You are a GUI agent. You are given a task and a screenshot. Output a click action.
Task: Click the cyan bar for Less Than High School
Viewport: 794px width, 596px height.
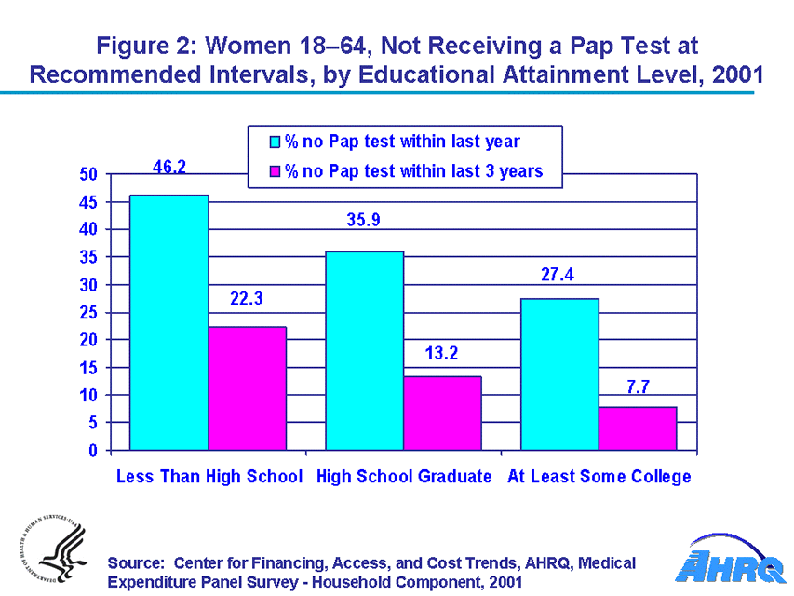(x=168, y=322)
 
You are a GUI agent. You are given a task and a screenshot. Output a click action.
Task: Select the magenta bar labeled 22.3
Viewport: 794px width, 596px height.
(x=247, y=388)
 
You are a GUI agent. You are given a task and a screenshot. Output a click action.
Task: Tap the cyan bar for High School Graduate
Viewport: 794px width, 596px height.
(x=364, y=350)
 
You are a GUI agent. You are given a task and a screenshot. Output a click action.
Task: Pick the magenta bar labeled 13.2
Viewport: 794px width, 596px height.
(x=442, y=413)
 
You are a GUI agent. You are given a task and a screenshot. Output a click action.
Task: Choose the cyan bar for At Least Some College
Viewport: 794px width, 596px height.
(x=559, y=373)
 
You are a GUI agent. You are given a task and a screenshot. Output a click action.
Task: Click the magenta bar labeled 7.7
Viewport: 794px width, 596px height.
(x=638, y=428)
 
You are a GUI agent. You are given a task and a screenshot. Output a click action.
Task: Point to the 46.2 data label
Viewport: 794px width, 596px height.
(x=169, y=167)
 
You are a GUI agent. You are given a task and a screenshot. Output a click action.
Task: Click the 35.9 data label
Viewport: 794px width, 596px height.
(x=364, y=222)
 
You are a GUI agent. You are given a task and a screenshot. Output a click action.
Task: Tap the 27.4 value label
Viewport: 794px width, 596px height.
(x=559, y=276)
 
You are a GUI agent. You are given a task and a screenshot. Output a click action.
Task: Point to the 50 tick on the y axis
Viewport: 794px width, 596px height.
(x=88, y=174)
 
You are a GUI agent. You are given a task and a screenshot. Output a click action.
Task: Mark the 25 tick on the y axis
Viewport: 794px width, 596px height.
(x=88, y=313)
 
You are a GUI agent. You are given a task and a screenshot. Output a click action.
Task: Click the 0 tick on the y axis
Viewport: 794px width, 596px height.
(x=93, y=451)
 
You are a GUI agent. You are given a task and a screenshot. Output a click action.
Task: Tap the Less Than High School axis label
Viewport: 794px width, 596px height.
(x=209, y=477)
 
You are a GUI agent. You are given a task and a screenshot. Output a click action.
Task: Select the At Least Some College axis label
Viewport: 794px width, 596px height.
(x=599, y=477)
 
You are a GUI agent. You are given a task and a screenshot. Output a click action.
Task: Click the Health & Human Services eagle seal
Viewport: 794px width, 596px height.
(x=51, y=555)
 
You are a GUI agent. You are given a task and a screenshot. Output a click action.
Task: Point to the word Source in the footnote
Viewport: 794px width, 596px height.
(x=136, y=563)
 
